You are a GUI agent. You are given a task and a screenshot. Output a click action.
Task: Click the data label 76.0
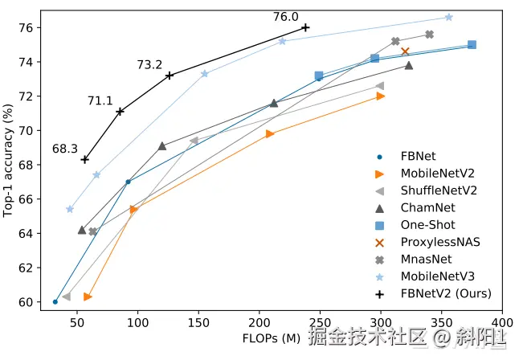click(x=285, y=17)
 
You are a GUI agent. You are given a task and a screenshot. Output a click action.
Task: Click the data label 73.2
click(x=149, y=65)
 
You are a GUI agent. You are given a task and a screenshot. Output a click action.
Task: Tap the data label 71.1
click(x=100, y=100)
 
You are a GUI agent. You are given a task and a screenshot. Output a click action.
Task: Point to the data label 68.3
click(x=64, y=149)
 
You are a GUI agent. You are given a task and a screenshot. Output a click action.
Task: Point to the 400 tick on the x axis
click(x=502, y=325)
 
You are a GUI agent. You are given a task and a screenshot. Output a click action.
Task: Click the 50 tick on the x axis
click(x=77, y=325)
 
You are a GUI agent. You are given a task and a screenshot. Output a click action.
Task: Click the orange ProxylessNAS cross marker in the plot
click(x=405, y=51)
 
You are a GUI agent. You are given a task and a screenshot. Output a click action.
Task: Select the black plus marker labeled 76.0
click(x=305, y=27)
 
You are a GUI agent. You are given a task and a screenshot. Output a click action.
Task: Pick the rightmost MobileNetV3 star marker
click(x=448, y=17)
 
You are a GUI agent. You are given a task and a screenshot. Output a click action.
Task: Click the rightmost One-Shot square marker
click(x=472, y=45)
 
